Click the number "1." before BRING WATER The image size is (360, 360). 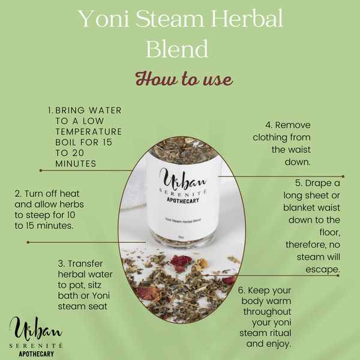pyautogui.click(x=50, y=110)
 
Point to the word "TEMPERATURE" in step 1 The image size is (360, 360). pyautogui.click(x=88, y=131)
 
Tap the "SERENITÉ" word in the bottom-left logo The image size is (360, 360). pyautogui.click(x=38, y=346)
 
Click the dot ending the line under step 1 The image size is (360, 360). pyautogui.click(x=40, y=170)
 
